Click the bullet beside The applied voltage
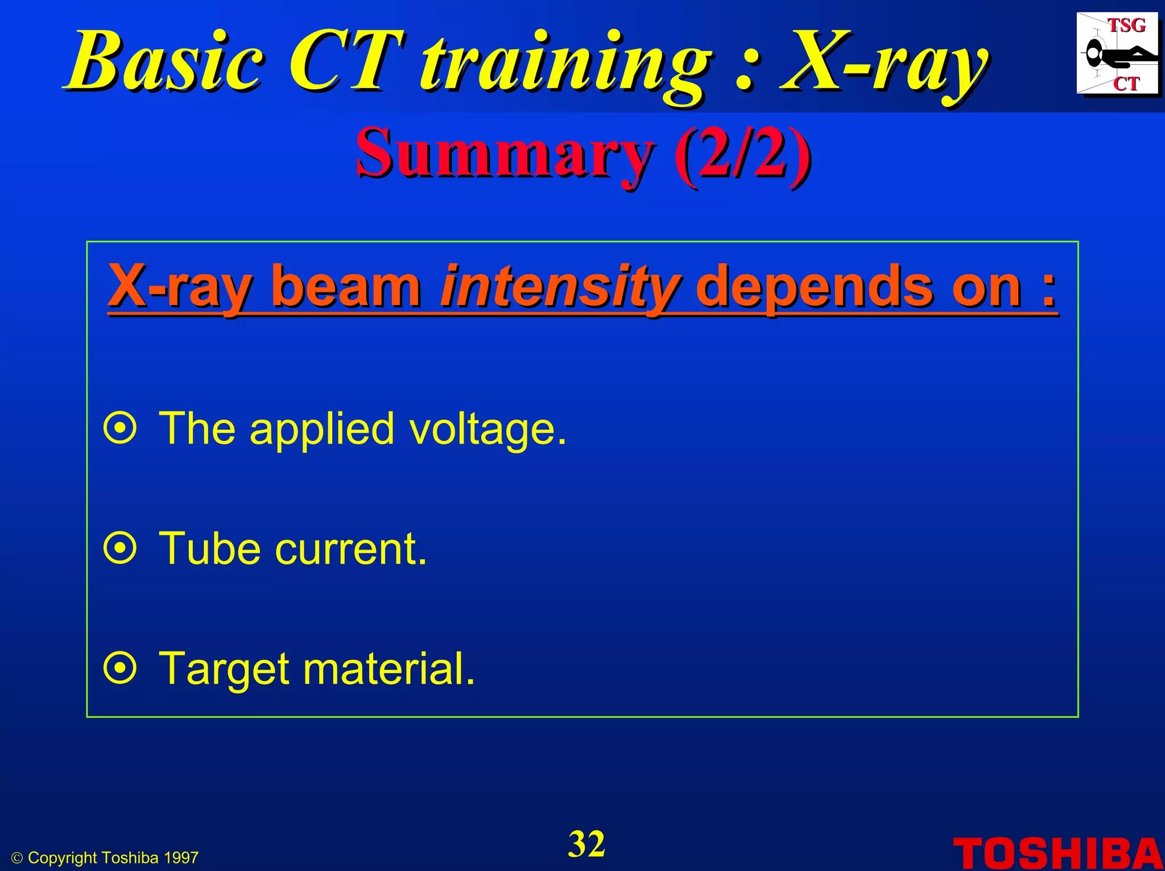pos(120,428)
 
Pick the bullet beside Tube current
pos(120,548)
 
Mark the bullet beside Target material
pos(120,668)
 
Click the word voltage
pos(488,430)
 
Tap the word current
pos(350,550)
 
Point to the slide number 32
pos(586,844)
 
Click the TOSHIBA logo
pos(1057,853)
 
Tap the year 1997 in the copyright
pos(181,858)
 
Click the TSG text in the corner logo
pos(1126,26)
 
